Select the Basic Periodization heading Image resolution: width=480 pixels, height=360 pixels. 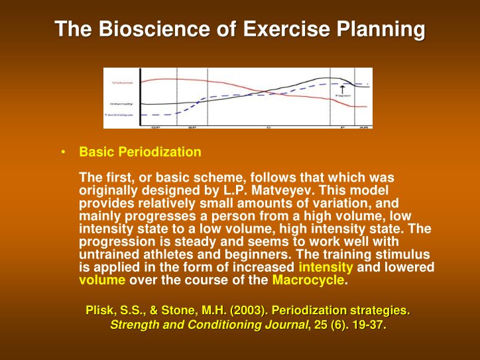coord(140,152)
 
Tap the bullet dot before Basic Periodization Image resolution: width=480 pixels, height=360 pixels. coord(62,152)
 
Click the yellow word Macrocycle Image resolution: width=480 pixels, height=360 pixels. coord(308,280)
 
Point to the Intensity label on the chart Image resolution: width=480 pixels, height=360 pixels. coord(121,104)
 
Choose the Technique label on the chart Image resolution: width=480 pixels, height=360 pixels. coord(119,115)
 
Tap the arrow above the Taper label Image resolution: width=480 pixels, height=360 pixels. coord(342,89)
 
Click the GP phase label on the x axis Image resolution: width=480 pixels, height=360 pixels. coord(156,126)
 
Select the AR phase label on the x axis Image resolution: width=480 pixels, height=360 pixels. coord(363,126)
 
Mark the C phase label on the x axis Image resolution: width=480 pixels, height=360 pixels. coord(269,126)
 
